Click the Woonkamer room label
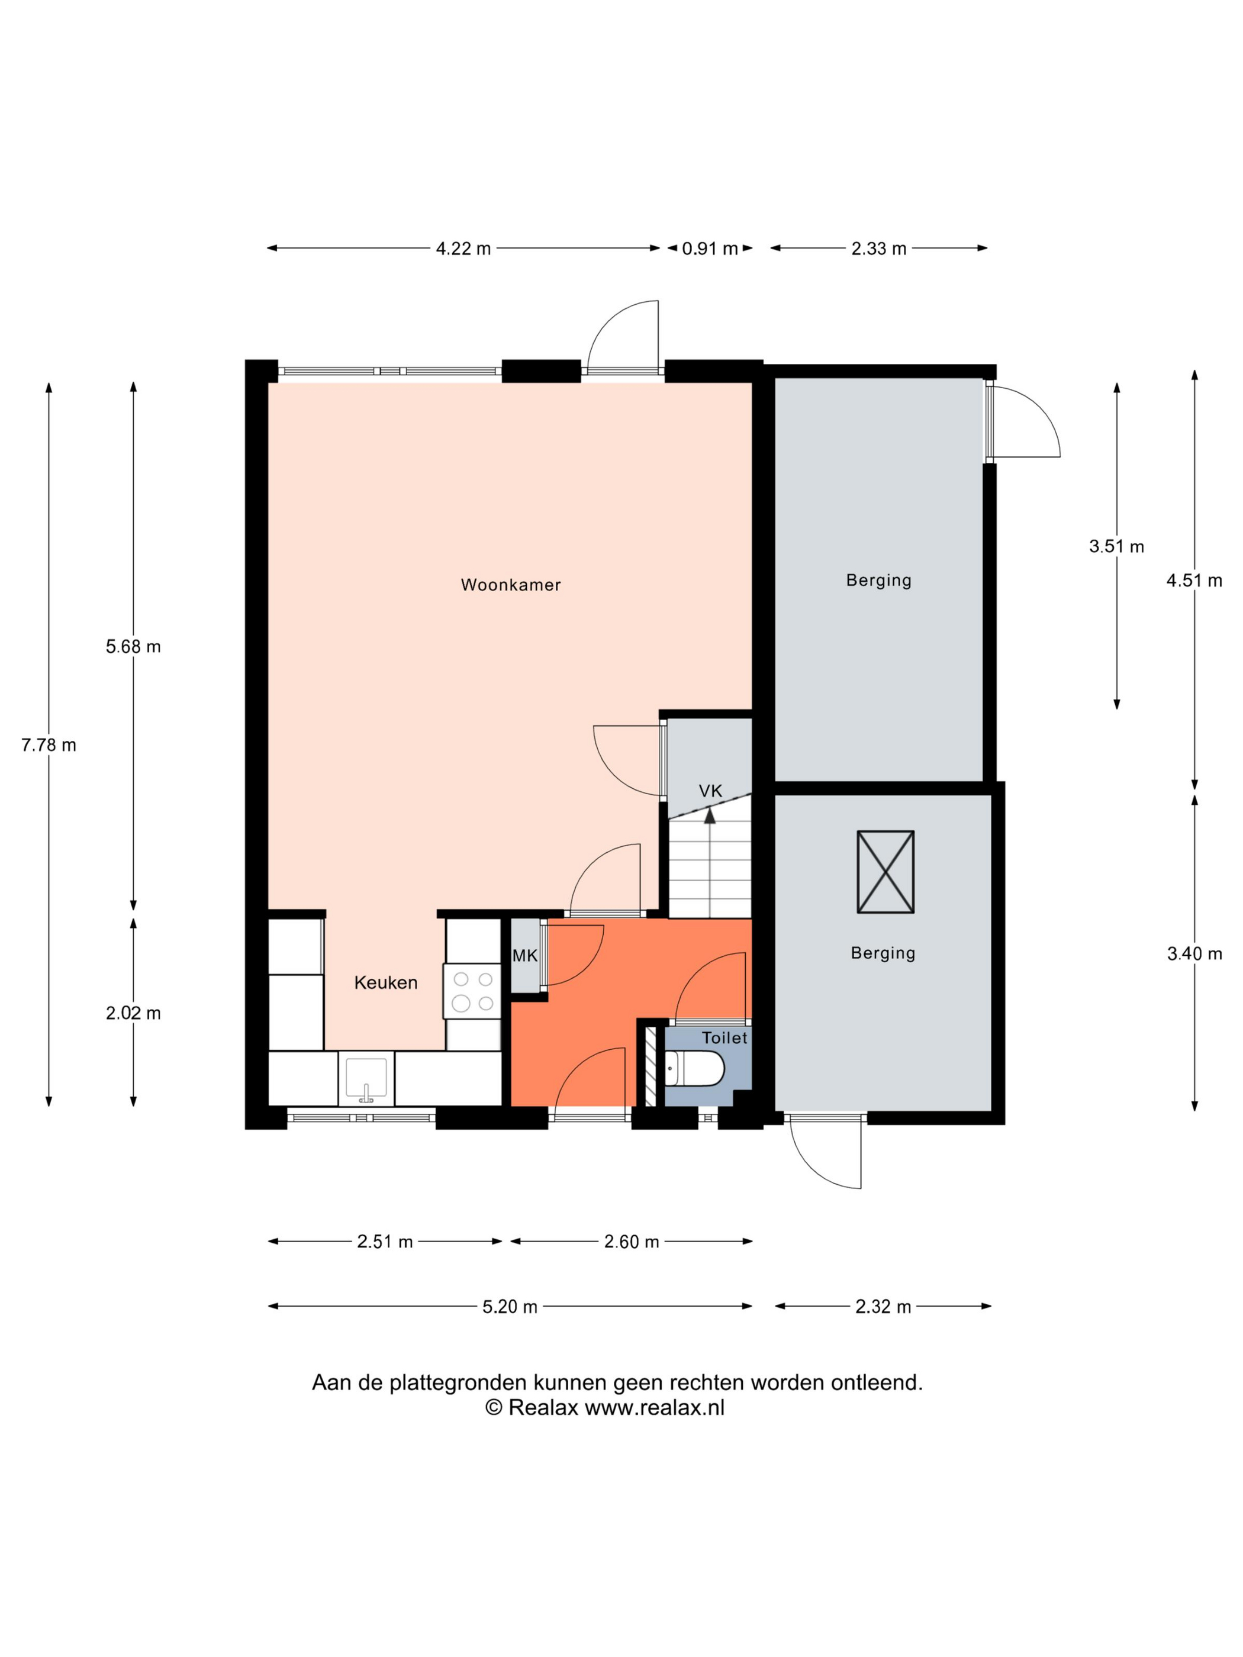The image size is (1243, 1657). coord(510,585)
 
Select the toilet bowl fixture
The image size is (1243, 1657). coord(694,1068)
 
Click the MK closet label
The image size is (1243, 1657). coord(524,956)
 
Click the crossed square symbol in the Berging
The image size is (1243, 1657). coord(885,872)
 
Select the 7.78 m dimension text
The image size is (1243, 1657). coord(49,744)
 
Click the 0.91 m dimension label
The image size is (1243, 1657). coord(710,249)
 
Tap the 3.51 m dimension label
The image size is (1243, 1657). coord(1116,546)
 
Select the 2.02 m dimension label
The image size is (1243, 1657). coord(133,1013)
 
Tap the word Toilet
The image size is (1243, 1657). coord(724,1037)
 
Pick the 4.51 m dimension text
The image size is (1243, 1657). coord(1194,581)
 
